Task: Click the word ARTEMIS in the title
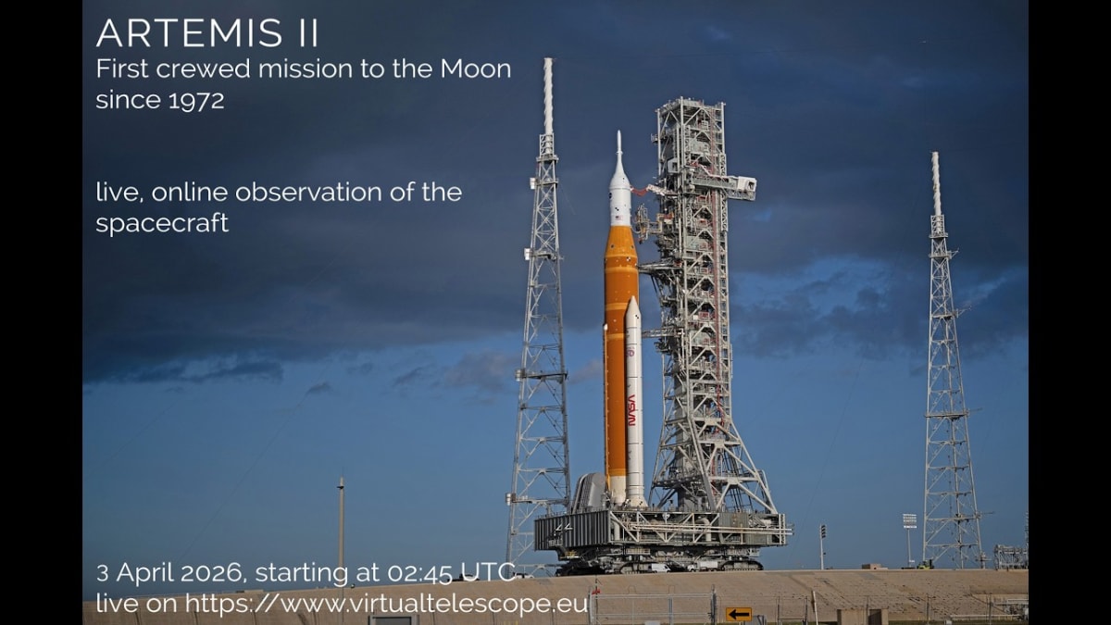[x=190, y=34]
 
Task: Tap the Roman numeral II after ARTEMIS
[x=307, y=34]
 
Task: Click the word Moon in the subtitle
[x=474, y=69]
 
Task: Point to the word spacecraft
[x=162, y=224]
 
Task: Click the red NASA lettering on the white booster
[x=632, y=409]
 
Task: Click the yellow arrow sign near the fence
[x=738, y=613]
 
